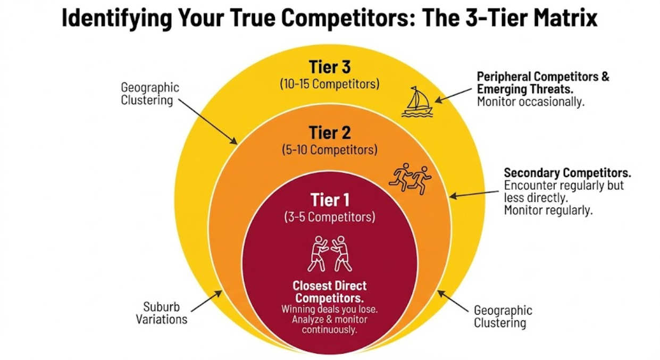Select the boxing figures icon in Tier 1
(x=330, y=253)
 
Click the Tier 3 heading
(x=330, y=68)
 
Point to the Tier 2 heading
(x=330, y=132)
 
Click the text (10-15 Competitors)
(x=330, y=85)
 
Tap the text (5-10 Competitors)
(x=330, y=150)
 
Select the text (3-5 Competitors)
(x=330, y=217)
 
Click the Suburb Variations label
(x=161, y=313)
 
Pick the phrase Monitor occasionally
(x=530, y=102)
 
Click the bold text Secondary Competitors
(x=567, y=173)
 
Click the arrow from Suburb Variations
(x=207, y=300)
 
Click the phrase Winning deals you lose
(x=330, y=309)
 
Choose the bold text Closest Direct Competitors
(x=330, y=292)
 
